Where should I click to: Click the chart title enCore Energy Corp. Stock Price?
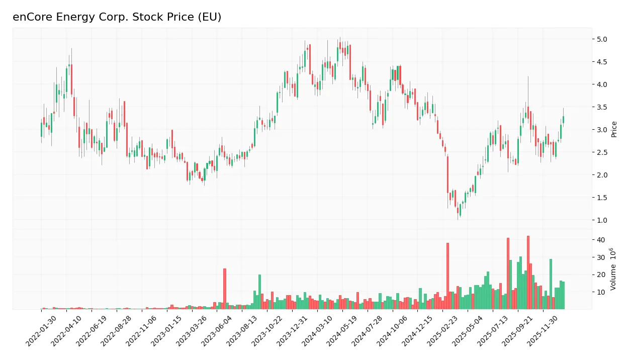click(117, 17)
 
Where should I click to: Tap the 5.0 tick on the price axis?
click(602, 39)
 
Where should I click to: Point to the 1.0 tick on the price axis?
click(602, 220)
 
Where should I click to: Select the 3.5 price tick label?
click(602, 107)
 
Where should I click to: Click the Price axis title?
click(614, 129)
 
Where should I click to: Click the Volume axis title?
click(614, 269)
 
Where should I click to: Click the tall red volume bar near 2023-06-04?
click(225, 289)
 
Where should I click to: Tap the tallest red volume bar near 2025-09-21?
click(528, 273)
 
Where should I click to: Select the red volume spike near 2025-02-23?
click(447, 276)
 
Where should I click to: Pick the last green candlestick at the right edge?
click(563, 120)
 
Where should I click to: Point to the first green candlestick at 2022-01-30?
click(42, 129)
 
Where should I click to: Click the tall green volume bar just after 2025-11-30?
click(551, 284)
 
